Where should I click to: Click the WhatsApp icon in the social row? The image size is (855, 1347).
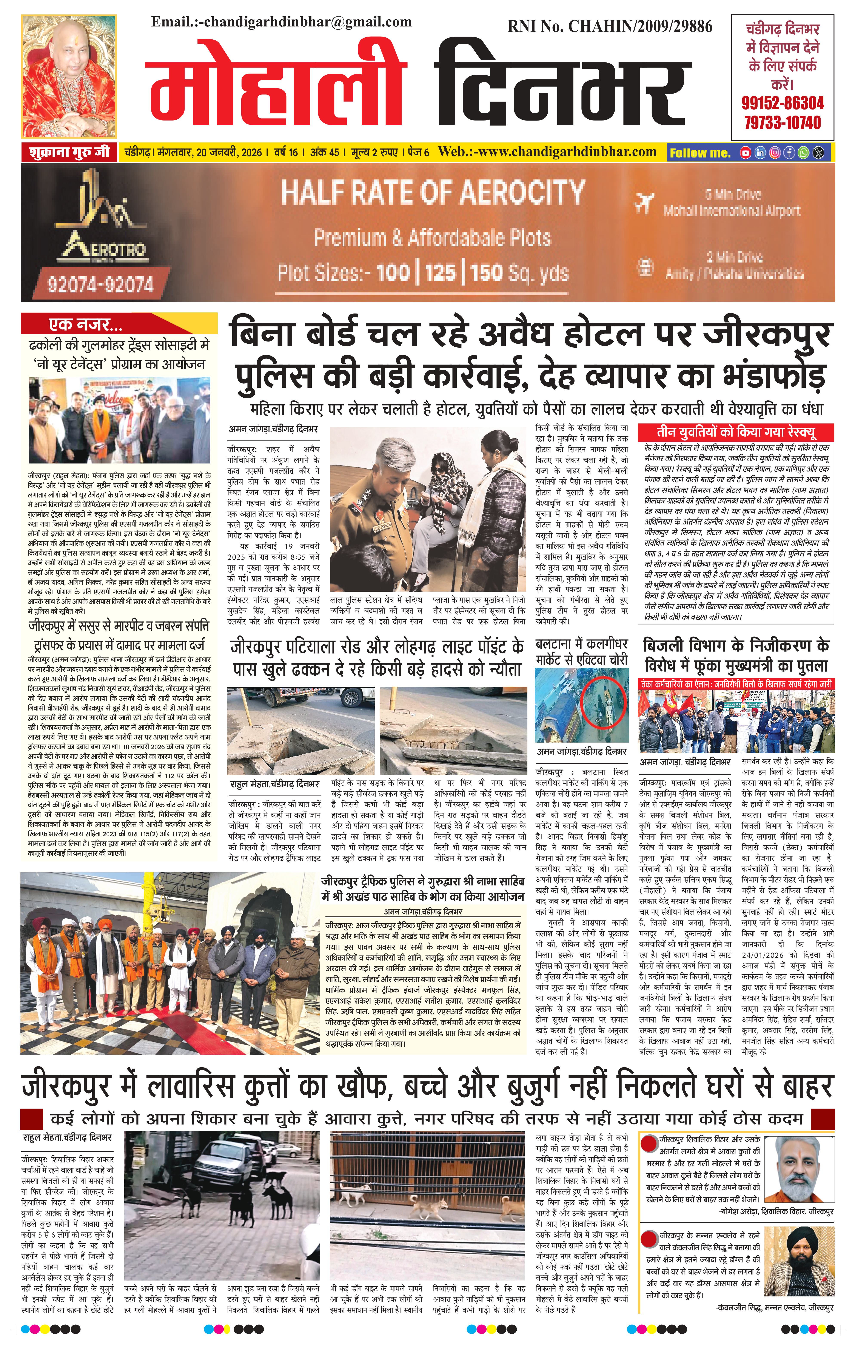[804, 152]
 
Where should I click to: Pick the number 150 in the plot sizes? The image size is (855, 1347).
[485, 273]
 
